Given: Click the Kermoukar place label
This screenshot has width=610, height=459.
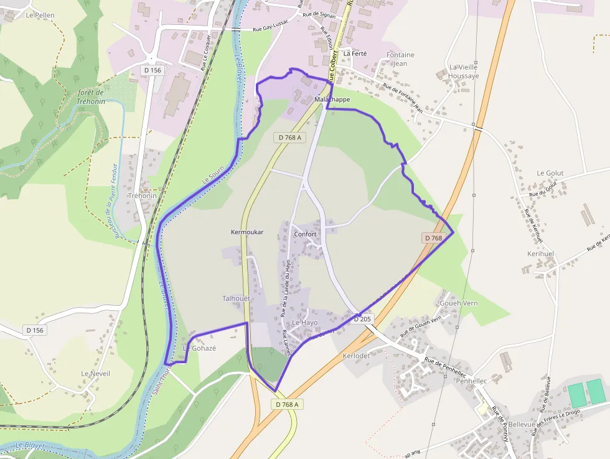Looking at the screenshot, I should coord(247,232).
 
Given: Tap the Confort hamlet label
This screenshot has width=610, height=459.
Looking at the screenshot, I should coord(305,234).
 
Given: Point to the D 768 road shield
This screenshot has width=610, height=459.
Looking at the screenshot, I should coord(434,238).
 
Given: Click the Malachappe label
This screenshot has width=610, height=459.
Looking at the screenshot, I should coord(332,99).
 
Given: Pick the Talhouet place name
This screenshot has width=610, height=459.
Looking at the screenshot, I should coord(236,298).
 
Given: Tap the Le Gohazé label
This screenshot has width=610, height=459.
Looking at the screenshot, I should coord(199,348).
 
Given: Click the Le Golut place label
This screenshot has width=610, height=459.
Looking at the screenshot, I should coord(550,173).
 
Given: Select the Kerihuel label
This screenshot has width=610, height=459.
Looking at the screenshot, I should coord(540,254).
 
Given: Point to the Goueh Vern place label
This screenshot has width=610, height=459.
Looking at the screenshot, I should coord(458,303).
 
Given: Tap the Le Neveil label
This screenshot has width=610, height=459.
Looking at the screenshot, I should coord(95,373).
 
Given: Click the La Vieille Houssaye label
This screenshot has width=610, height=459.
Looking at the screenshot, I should coord(464,71).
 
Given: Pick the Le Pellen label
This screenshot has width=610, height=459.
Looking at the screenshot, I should coord(41,15).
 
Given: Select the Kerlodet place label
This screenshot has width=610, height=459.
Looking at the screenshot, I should coord(356,356).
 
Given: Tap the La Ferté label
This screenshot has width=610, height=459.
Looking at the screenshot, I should coord(355,54).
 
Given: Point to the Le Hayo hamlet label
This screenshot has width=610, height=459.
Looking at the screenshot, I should coord(304,323).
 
